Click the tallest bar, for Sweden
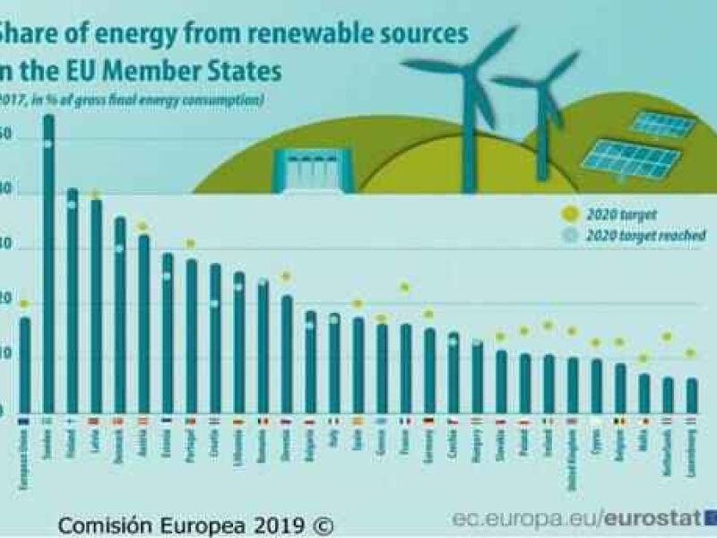[x=48, y=269]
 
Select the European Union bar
[x=24, y=368]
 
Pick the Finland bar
[x=72, y=305]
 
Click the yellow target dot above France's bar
[x=405, y=288]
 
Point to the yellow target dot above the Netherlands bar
[x=667, y=336]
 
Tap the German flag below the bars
[x=429, y=421]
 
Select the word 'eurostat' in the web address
[x=652, y=519]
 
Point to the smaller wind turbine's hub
[x=540, y=82]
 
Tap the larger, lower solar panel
[x=630, y=158]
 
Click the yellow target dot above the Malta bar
[x=643, y=359]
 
